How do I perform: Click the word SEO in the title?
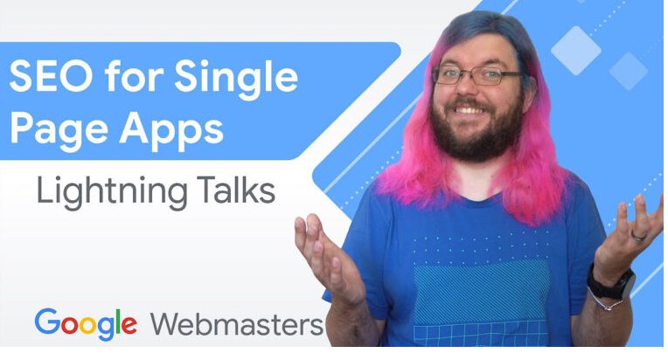[51, 76]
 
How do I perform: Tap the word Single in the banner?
[236, 79]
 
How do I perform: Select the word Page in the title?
[59, 129]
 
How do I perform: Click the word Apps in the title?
[171, 129]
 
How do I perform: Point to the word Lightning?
[112, 191]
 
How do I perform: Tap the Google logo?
[86, 324]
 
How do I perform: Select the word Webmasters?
[237, 324]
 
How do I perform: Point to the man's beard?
[477, 132]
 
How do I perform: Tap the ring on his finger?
[638, 237]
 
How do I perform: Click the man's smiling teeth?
[469, 110]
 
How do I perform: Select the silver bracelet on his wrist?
[604, 301]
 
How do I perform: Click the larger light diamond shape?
[576, 50]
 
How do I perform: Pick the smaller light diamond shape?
[629, 71]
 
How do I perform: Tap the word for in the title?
[134, 76]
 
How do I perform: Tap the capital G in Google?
[47, 322]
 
